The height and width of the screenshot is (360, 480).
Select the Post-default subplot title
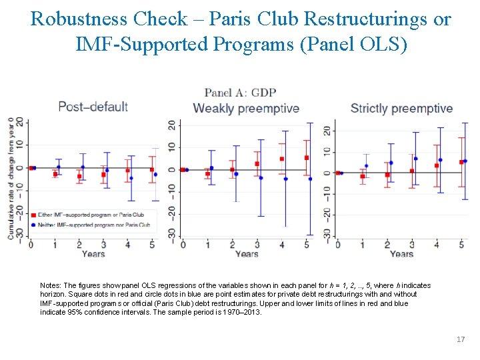[93, 107]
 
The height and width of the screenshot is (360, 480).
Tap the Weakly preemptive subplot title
[246, 109]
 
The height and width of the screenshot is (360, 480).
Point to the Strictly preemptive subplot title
[401, 109]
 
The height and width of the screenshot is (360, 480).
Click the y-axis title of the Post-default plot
[10, 177]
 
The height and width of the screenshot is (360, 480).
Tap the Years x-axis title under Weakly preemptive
[247, 254]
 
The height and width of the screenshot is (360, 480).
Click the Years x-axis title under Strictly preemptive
[401, 254]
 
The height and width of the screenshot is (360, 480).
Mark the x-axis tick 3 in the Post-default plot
[103, 245]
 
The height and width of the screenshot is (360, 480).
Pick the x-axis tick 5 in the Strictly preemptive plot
[461, 245]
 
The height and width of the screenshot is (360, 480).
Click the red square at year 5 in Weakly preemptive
[307, 158]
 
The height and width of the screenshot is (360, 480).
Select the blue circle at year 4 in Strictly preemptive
[440, 160]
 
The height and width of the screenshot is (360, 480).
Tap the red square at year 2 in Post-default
[79, 177]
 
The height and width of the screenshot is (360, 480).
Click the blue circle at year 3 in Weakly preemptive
[261, 177]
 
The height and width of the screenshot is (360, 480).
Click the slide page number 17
[460, 340]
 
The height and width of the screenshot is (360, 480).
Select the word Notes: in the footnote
[49, 285]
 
